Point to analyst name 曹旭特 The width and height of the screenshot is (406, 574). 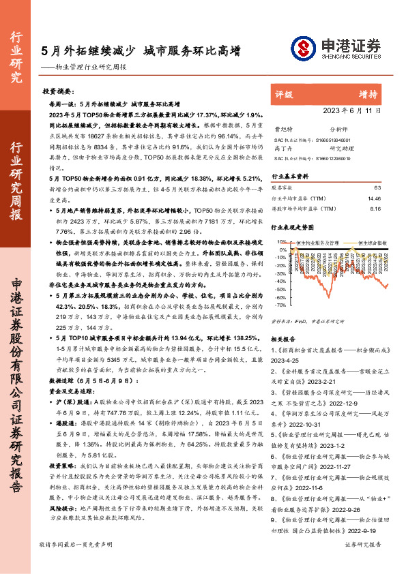(x=281, y=127)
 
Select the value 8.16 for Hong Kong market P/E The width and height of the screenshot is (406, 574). (x=375, y=209)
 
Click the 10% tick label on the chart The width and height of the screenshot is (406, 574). (x=280, y=242)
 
